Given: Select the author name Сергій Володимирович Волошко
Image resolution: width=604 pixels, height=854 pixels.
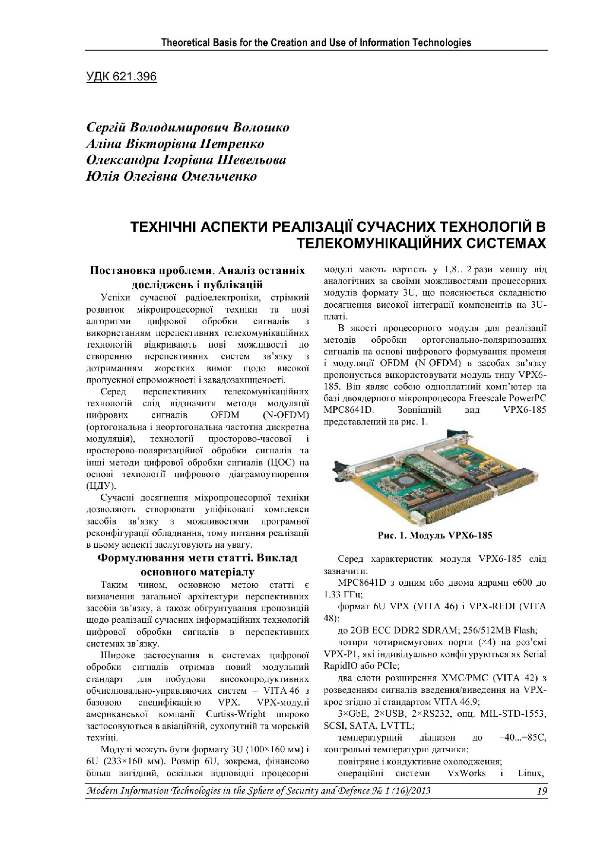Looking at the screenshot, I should pyautogui.click(x=187, y=128).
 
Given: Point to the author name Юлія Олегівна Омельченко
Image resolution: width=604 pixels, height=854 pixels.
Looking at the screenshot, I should pyautogui.click(x=171, y=176).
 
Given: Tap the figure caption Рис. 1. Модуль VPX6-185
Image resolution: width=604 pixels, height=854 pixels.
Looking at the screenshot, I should pyautogui.click(x=435, y=536).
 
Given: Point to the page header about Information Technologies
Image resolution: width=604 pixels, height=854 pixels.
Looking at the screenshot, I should pyautogui.click(x=316, y=42).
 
